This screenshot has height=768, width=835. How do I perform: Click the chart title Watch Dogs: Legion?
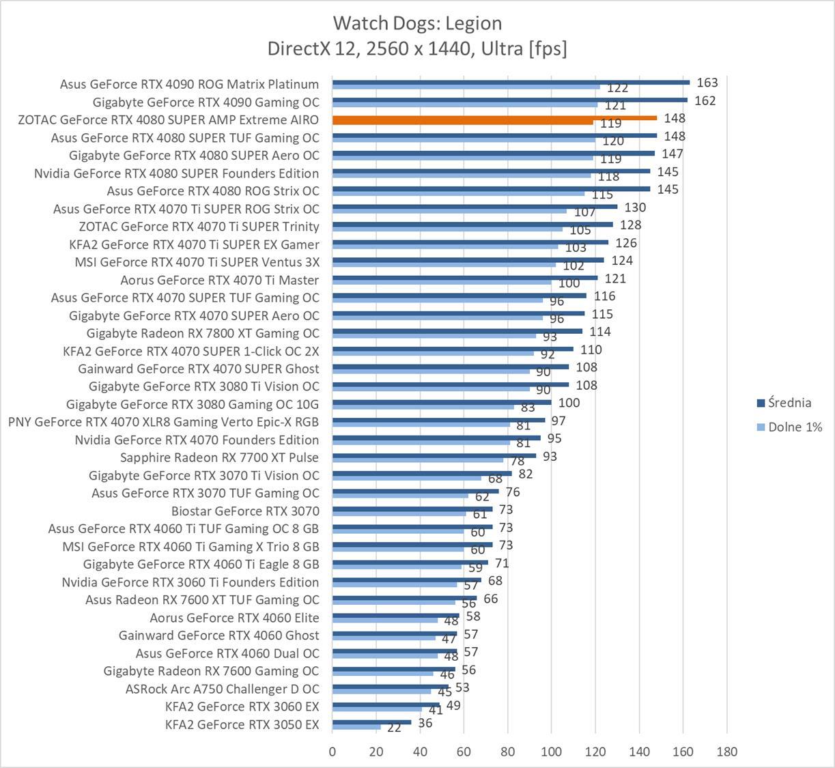click(417, 23)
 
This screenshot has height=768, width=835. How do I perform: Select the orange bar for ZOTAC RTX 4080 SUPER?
click(494, 118)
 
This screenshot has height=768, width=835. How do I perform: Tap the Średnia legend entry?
click(789, 403)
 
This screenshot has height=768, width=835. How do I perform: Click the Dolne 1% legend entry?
click(794, 427)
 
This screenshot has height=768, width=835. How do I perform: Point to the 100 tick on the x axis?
click(552, 752)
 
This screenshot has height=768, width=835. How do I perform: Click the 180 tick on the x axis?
click(727, 752)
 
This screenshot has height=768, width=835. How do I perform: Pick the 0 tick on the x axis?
click(332, 752)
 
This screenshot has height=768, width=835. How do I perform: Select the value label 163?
click(707, 83)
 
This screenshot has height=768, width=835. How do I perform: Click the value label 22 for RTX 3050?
click(394, 728)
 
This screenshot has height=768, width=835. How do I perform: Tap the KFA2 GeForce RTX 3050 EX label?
click(242, 724)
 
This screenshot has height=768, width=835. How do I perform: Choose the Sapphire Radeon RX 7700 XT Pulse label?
click(219, 457)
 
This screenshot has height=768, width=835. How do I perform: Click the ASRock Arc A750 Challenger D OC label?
click(222, 689)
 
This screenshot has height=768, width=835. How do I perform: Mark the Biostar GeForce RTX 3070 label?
click(245, 511)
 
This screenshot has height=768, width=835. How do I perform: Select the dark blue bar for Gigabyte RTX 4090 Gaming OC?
click(509, 100)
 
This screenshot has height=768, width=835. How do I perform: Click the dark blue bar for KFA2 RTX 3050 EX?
click(371, 722)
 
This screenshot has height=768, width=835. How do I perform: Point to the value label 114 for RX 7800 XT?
click(600, 332)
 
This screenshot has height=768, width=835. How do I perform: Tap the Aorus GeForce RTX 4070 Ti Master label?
click(219, 280)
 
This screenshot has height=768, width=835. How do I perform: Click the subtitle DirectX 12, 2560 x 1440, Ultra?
click(417, 48)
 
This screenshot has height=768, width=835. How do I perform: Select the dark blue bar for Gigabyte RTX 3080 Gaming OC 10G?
click(442, 402)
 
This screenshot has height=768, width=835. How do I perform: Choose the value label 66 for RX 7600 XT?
click(490, 599)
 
